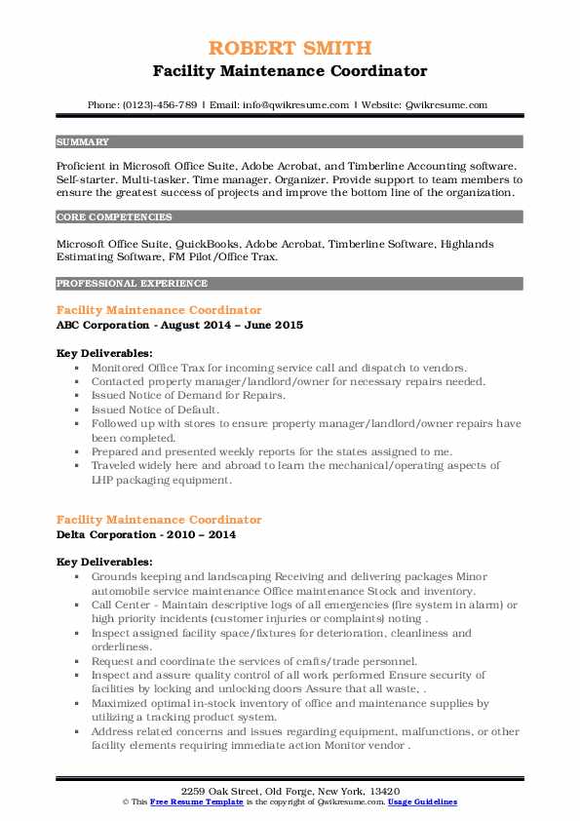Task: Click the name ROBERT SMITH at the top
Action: pos(290,49)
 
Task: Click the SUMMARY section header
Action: pos(84,141)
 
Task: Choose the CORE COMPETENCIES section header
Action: pos(114,217)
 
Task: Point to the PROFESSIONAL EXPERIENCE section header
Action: pos(132,284)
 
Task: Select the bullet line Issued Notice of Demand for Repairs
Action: pos(174,397)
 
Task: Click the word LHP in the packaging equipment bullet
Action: pos(104,479)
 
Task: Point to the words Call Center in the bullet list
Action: pos(120,606)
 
